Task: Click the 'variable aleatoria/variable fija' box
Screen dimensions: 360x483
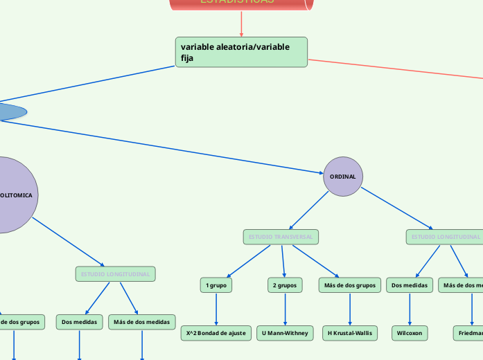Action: pos(241,52)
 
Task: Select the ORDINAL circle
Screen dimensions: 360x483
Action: pos(343,177)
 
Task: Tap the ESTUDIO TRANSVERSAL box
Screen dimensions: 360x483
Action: pos(281,237)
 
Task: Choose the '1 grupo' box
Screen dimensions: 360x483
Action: pos(216,285)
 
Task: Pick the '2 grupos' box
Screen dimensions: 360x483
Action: pos(285,285)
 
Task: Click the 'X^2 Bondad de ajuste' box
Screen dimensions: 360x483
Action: pos(216,333)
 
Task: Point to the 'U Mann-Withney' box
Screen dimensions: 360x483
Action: pos(285,333)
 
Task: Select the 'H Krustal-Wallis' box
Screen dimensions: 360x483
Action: pos(350,333)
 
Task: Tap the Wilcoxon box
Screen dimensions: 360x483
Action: pos(410,333)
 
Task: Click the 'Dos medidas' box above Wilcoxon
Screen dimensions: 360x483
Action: pos(410,285)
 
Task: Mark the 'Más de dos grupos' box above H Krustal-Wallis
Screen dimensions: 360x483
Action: pos(350,285)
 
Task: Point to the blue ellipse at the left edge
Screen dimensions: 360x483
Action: pos(10,111)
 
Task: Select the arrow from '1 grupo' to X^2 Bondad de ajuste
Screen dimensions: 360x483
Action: pos(216,309)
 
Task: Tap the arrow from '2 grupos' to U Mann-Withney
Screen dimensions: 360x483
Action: pos(285,309)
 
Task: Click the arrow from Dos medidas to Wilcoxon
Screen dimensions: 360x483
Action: pos(410,309)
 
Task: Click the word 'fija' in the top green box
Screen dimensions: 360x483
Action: pos(187,58)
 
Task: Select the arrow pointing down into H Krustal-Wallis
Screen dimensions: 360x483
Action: pos(350,309)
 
